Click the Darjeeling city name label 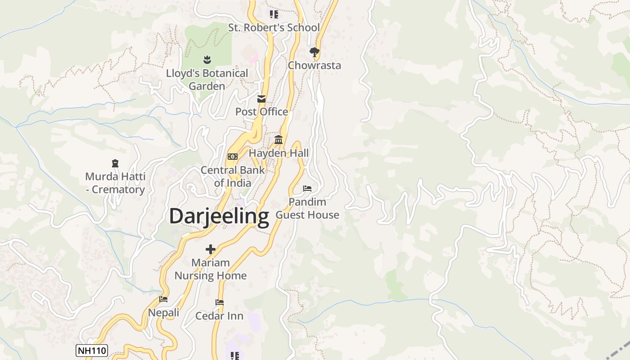tap(219, 216)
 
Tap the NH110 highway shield tap(92, 351)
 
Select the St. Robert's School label tap(274, 27)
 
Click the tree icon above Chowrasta tap(315, 52)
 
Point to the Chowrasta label tap(315, 65)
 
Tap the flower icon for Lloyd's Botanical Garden tap(207, 59)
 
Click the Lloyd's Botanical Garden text tap(207, 79)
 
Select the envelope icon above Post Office tap(261, 99)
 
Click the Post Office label tap(261, 112)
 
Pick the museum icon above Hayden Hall tap(279, 140)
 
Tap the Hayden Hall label tap(279, 153)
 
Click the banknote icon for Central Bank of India tap(232, 157)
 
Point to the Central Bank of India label tap(233, 176)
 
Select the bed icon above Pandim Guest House tap(307, 188)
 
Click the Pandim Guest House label tap(307, 208)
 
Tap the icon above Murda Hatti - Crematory tap(115, 163)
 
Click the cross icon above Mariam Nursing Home tap(210, 249)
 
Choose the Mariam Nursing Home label tap(211, 269)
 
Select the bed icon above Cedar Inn tap(220, 302)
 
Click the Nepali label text tap(164, 312)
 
